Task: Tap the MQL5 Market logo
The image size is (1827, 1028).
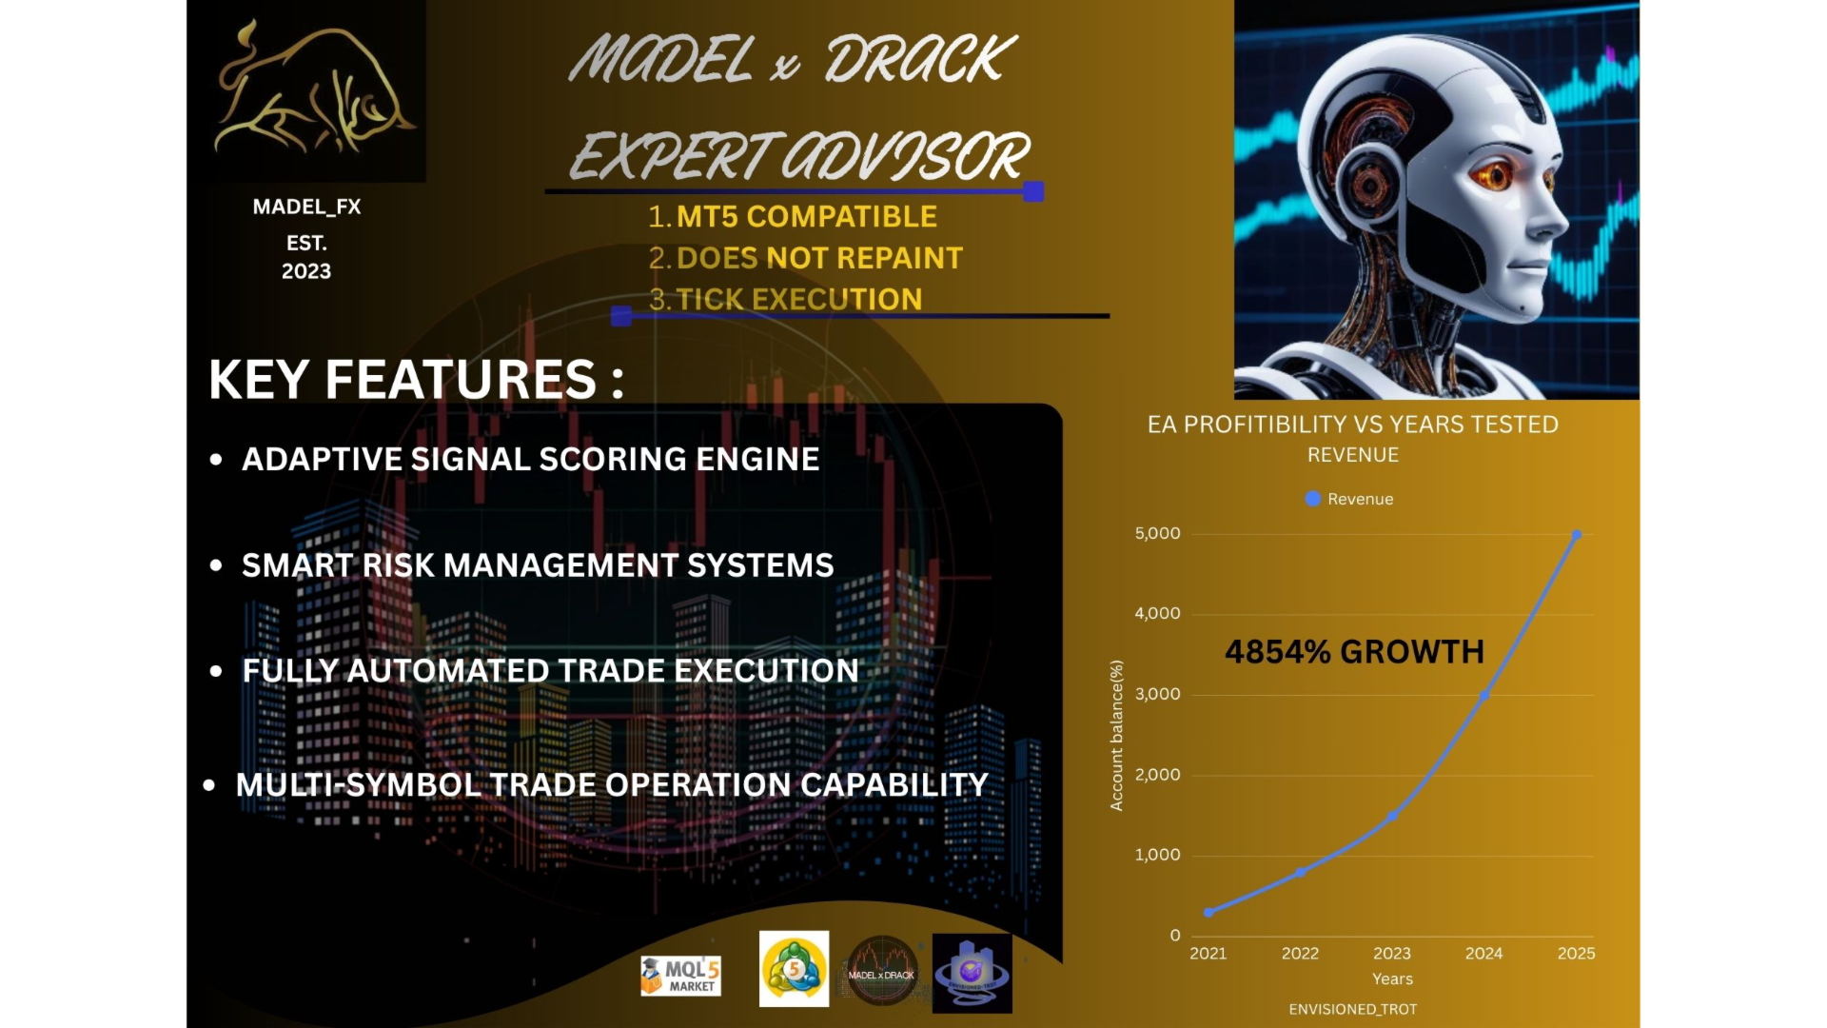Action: pos(680,976)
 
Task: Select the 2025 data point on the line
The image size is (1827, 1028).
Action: pos(1576,535)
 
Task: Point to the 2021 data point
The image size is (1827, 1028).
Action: pos(1208,912)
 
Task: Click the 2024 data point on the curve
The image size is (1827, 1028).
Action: pos(1483,696)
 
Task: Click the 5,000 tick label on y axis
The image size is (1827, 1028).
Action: pos(1157,533)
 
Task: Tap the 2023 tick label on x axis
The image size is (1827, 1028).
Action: pos(1392,953)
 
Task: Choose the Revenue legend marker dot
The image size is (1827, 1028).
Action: pos(1313,499)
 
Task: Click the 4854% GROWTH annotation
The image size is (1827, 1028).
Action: pos(1354,652)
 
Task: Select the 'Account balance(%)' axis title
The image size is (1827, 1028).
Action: pos(1117,735)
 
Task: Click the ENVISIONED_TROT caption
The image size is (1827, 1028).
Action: pos(1353,1009)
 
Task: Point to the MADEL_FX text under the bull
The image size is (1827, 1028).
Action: pos(306,207)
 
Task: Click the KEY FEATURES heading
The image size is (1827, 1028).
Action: pos(417,380)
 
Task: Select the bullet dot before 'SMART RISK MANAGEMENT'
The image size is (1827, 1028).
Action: pos(216,565)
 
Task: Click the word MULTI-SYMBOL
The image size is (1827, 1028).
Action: pos(358,785)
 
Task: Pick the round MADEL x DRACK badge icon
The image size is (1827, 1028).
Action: pos(881,972)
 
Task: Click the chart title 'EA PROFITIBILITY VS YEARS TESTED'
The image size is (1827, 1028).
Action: pos(1353,425)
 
